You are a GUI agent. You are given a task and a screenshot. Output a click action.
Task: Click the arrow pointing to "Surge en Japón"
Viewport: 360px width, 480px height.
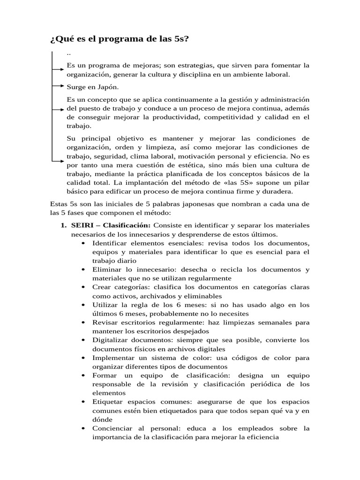pos(58,86)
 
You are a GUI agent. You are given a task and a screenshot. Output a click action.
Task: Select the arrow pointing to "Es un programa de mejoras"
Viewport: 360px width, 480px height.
pos(58,69)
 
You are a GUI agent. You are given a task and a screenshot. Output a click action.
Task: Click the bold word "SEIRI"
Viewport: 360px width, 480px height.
pos(83,225)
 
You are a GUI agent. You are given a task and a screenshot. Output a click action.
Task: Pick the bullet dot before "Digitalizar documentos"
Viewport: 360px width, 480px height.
pos(83,340)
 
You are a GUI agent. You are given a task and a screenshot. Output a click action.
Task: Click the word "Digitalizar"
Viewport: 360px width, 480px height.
pos(111,340)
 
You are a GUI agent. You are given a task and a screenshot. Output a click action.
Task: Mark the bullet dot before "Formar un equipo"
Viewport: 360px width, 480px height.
pos(83,376)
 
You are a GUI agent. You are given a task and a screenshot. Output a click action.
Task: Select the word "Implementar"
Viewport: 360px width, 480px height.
pos(114,358)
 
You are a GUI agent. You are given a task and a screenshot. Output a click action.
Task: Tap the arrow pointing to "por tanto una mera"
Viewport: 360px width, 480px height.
pos(58,162)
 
